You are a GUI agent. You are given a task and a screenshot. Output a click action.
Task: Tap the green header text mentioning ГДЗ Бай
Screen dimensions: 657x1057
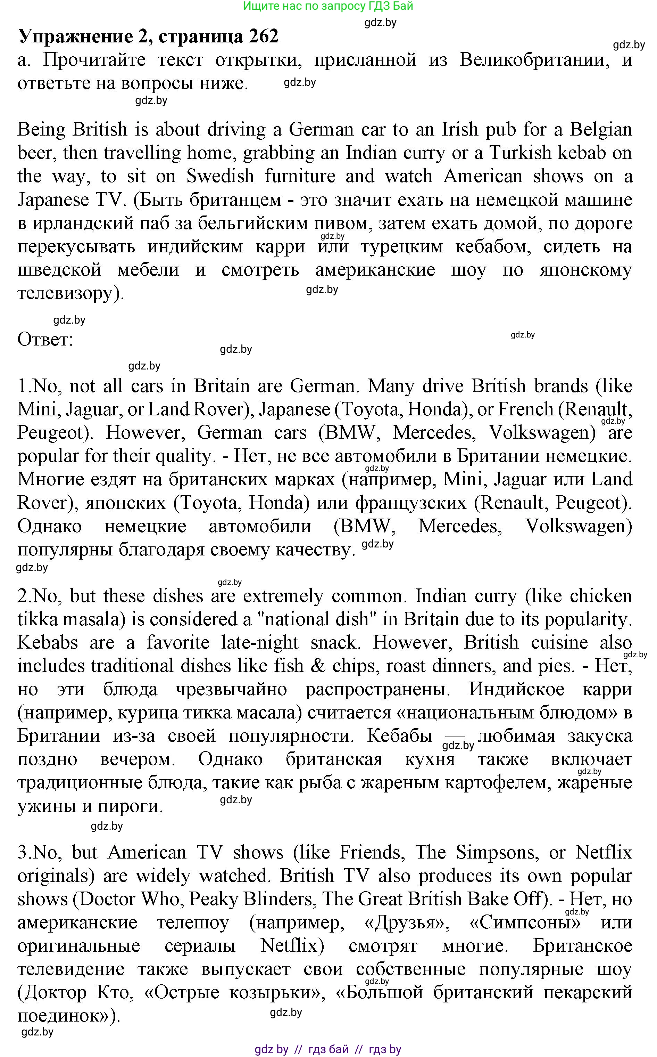pos(328,6)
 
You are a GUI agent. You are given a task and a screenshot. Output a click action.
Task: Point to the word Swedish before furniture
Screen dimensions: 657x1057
pos(220,176)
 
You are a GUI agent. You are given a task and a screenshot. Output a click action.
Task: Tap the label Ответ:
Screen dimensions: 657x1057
pos(45,340)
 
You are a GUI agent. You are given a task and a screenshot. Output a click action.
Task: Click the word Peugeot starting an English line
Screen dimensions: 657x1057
pos(50,433)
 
